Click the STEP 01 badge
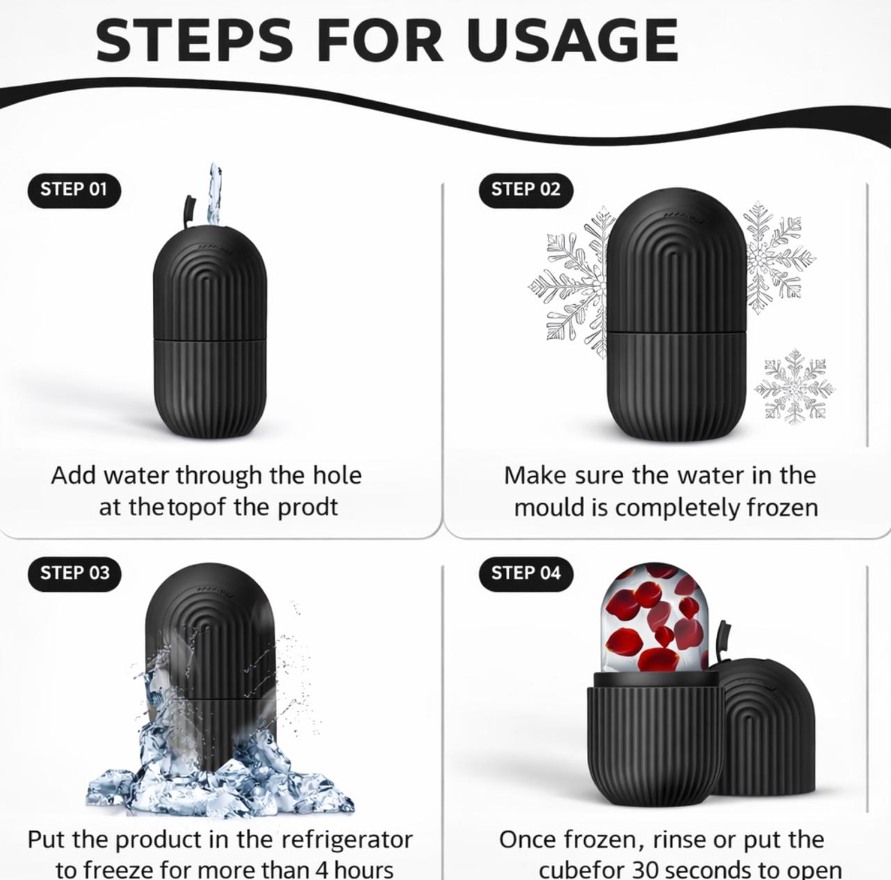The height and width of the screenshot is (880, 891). pyautogui.click(x=74, y=189)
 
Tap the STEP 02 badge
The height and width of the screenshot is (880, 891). pyautogui.click(x=526, y=189)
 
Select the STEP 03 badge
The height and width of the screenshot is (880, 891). pyautogui.click(x=74, y=574)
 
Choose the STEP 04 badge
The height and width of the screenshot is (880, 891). pyautogui.click(x=526, y=574)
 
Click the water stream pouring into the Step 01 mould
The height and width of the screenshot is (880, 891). pyautogui.click(x=213, y=194)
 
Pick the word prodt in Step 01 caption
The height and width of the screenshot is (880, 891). pyautogui.click(x=308, y=508)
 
